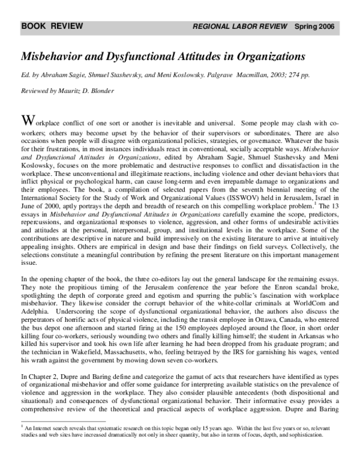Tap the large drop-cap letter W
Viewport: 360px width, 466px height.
[26, 117]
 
